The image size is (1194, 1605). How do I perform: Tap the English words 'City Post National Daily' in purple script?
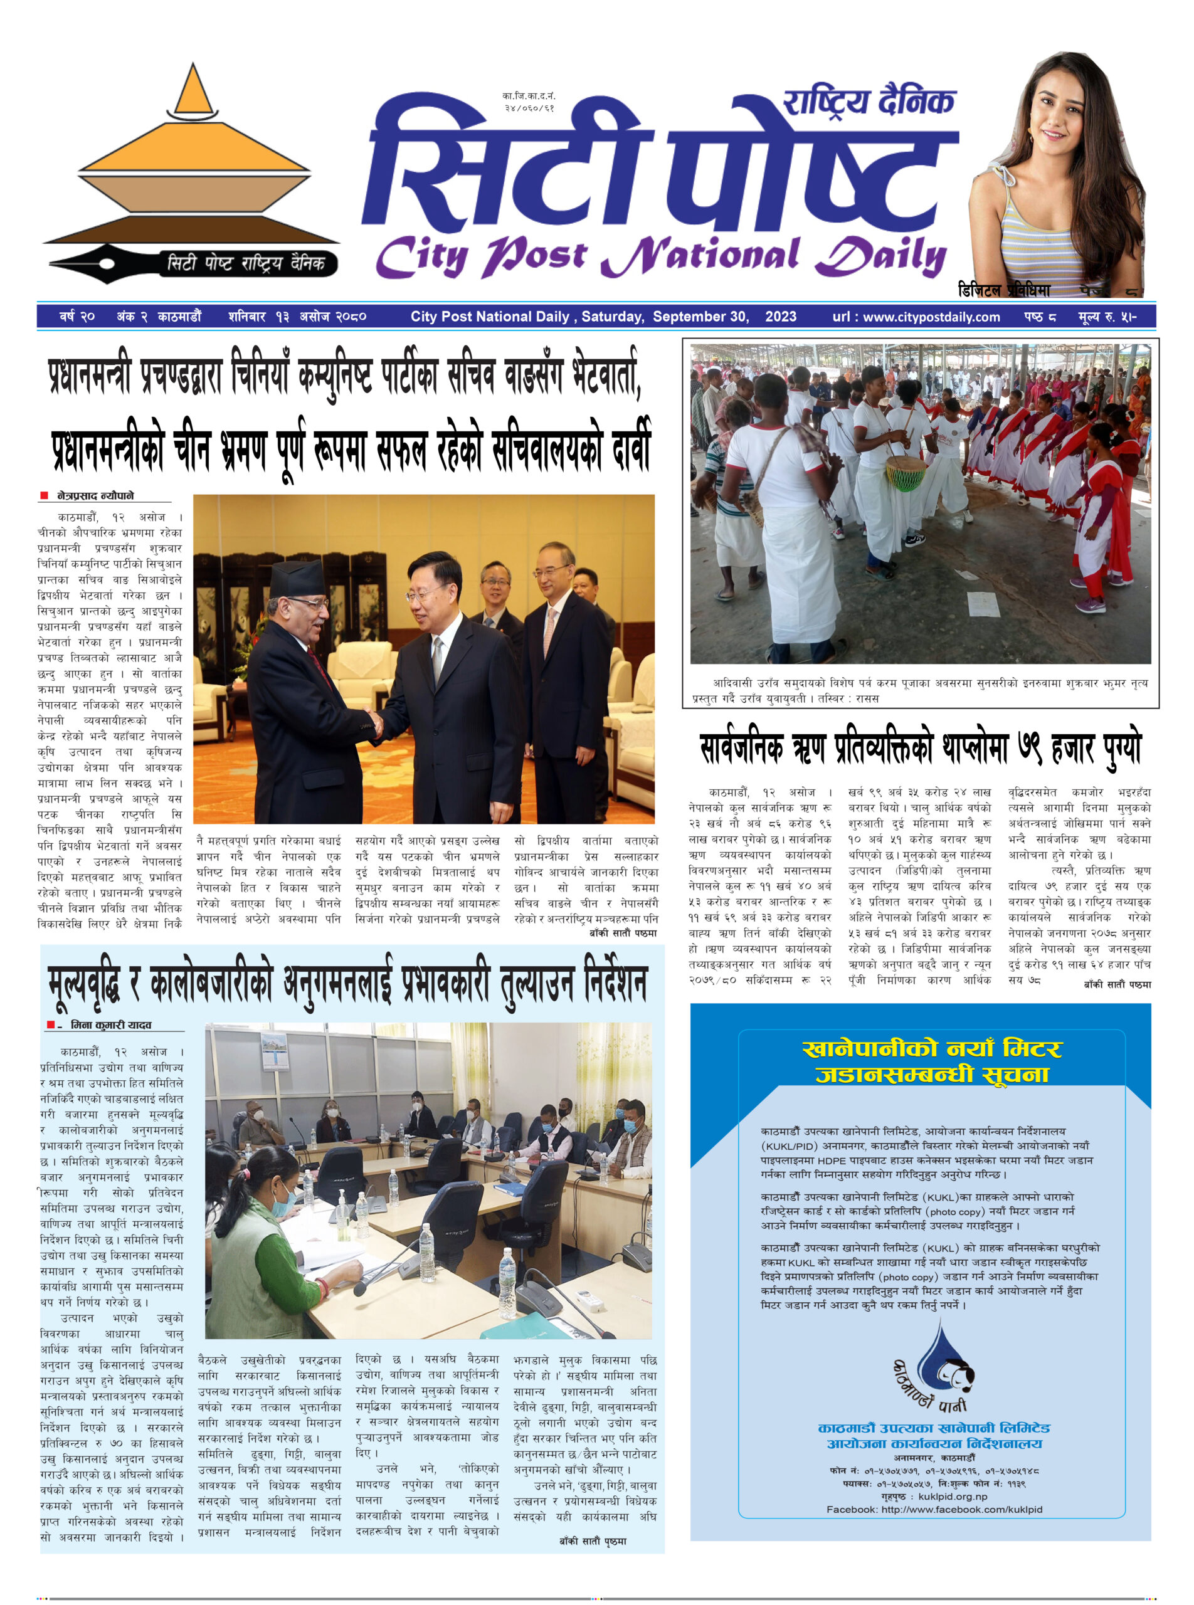660,256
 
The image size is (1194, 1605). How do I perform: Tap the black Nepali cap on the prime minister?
298,579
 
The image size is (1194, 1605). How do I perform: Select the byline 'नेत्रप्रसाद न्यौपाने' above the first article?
95,496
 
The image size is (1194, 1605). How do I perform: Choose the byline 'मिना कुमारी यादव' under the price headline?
110,1024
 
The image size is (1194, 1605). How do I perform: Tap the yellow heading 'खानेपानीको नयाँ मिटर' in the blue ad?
932,1048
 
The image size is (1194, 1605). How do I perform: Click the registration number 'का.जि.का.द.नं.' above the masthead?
529,96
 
